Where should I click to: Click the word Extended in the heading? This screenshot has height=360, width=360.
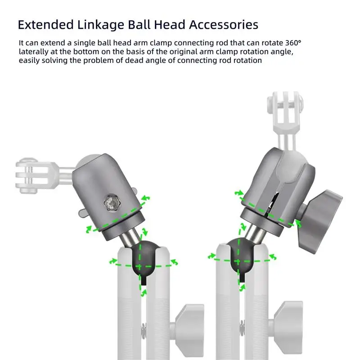(46, 25)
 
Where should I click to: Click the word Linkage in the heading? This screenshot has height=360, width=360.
(100, 25)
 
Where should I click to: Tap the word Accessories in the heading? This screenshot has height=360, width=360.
(224, 25)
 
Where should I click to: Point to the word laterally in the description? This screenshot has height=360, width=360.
(33, 51)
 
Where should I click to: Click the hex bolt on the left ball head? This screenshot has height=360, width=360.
(112, 203)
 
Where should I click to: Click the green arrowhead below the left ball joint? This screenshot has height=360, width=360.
(144, 292)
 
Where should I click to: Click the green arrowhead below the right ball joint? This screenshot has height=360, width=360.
(242, 288)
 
